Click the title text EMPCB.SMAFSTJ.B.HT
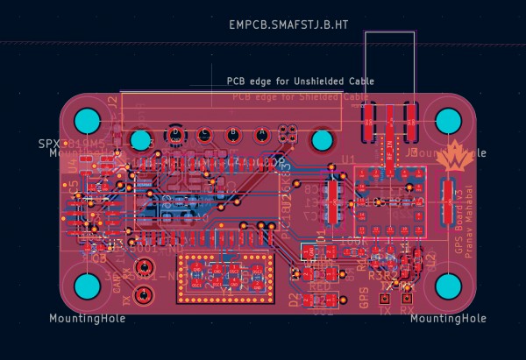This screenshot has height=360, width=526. tap(288, 25)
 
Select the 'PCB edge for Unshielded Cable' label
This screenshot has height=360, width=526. tap(301, 81)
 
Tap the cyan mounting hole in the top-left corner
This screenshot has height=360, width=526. tap(87, 120)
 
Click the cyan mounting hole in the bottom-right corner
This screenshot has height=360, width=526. tap(449, 286)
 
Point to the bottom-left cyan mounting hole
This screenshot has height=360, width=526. tap(87, 286)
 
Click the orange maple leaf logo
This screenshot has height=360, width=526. tap(455, 158)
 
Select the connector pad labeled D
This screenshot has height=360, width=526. tap(176, 134)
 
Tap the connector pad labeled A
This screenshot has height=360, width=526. tap(261, 134)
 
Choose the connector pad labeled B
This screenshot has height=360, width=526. tap(233, 134)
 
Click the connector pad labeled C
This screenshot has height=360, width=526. tap(204, 134)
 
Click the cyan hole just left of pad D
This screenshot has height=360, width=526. tap(140, 139)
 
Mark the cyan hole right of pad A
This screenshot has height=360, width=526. tap(322, 139)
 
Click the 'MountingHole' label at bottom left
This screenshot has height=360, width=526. tap(87, 318)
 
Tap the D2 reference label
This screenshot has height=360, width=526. tap(294, 299)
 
